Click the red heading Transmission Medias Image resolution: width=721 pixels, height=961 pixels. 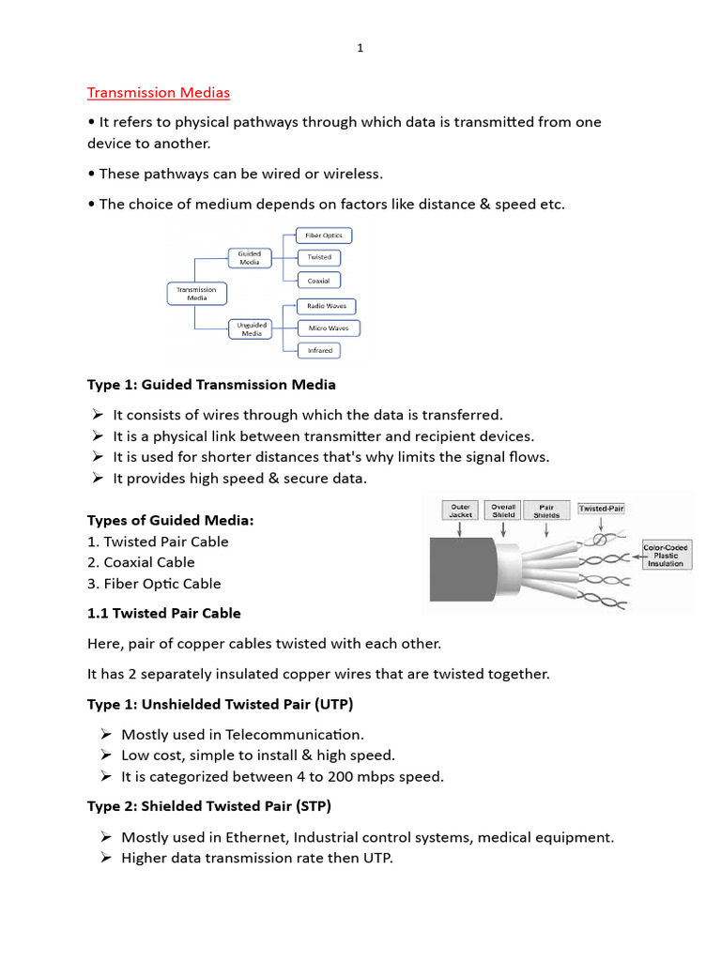coord(158,92)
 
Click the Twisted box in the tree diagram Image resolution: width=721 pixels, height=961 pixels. coord(318,257)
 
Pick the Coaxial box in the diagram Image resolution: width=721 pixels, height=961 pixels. coord(318,281)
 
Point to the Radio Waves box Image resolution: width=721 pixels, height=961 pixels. coord(326,306)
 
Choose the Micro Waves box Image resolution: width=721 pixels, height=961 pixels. coord(329,328)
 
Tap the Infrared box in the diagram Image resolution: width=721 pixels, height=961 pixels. coord(319,351)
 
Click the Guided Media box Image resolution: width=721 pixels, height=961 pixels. coord(250,257)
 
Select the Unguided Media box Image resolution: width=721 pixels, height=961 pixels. coord(252,328)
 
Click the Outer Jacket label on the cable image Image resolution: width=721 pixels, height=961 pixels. coord(460,511)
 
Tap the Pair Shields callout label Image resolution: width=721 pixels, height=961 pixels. coord(546,511)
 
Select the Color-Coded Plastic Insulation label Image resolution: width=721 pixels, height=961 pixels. coord(666,554)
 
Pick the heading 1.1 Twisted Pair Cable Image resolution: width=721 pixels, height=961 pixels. coord(163,613)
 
